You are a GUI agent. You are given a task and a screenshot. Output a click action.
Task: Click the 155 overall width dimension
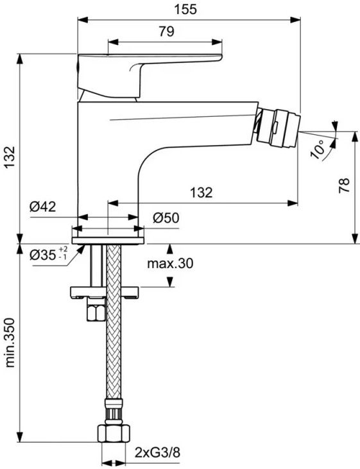[185, 9]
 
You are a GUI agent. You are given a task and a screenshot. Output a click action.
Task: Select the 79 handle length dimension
[166, 31]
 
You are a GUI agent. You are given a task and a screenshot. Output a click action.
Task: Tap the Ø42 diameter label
[43, 207]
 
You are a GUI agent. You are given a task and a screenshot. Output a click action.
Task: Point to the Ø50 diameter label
[166, 217]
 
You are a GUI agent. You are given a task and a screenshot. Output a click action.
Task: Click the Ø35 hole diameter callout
[43, 255]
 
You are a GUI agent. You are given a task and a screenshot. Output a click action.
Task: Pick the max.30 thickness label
[170, 263]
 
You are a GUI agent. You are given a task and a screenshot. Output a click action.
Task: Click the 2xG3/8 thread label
[157, 452]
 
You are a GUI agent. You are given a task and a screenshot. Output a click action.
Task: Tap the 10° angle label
[317, 149]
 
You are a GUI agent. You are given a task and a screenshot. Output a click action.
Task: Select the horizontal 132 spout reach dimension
[201, 192]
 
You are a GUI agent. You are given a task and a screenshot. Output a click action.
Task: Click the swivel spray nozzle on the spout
[277, 128]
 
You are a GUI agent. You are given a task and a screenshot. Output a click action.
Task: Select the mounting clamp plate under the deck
[105, 292]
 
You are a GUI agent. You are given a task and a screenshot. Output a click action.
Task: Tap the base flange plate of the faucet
[108, 241]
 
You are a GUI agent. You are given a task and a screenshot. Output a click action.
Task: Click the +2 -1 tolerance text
[63, 253]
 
